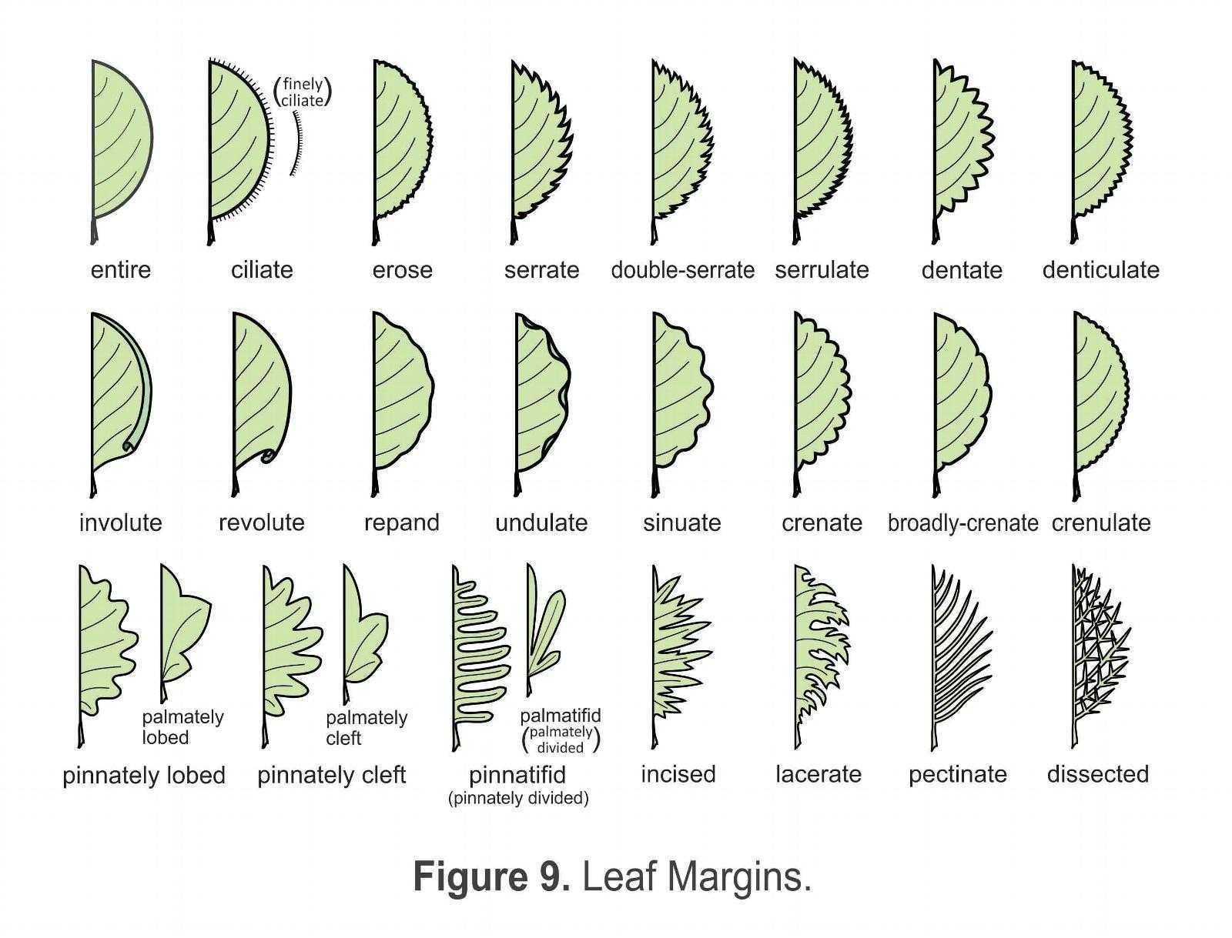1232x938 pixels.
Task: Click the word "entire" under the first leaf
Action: (121, 270)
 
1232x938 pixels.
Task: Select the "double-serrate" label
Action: (682, 270)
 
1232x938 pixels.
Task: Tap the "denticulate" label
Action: (1100, 270)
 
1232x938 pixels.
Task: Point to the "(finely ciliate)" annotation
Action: (303, 92)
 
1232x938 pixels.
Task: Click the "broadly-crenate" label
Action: (962, 523)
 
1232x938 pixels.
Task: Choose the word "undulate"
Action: (541, 523)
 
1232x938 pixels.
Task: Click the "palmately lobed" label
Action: (182, 727)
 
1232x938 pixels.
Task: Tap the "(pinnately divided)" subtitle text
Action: (518, 798)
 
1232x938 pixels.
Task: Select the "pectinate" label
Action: (958, 776)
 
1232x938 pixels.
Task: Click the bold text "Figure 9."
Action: (492, 876)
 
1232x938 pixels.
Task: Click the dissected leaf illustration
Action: (1100, 656)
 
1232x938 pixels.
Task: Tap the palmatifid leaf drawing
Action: (544, 631)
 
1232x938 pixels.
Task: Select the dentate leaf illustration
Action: (962, 152)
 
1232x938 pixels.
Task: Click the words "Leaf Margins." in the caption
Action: (697, 876)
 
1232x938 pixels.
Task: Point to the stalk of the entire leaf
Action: (94, 231)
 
